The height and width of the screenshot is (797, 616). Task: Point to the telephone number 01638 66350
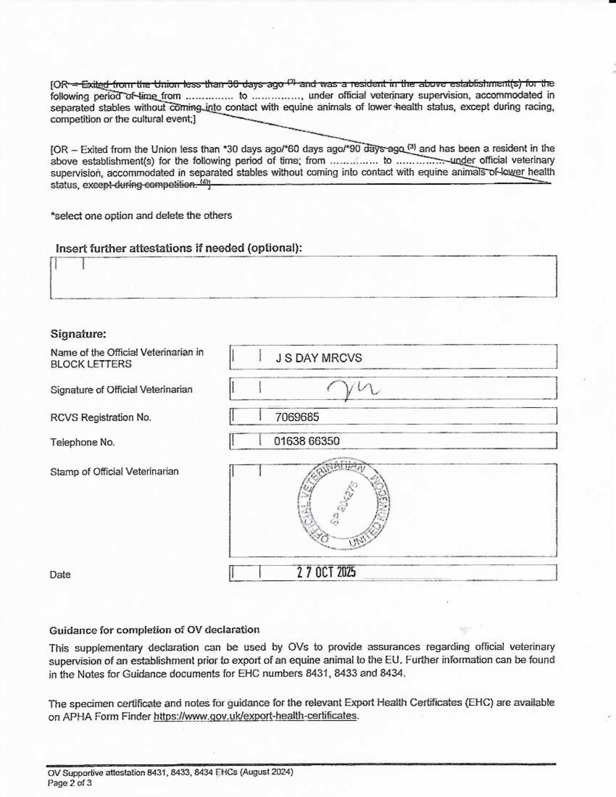(307, 441)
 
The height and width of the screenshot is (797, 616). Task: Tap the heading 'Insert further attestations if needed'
(179, 249)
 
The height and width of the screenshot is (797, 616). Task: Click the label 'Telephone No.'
(83, 442)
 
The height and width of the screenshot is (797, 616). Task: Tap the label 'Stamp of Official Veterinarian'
(114, 472)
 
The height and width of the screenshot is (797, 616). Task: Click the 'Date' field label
(60, 575)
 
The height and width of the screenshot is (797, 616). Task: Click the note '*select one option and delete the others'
(141, 216)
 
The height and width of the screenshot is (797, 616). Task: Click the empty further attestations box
(303, 277)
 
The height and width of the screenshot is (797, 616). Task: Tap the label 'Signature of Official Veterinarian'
(121, 390)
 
